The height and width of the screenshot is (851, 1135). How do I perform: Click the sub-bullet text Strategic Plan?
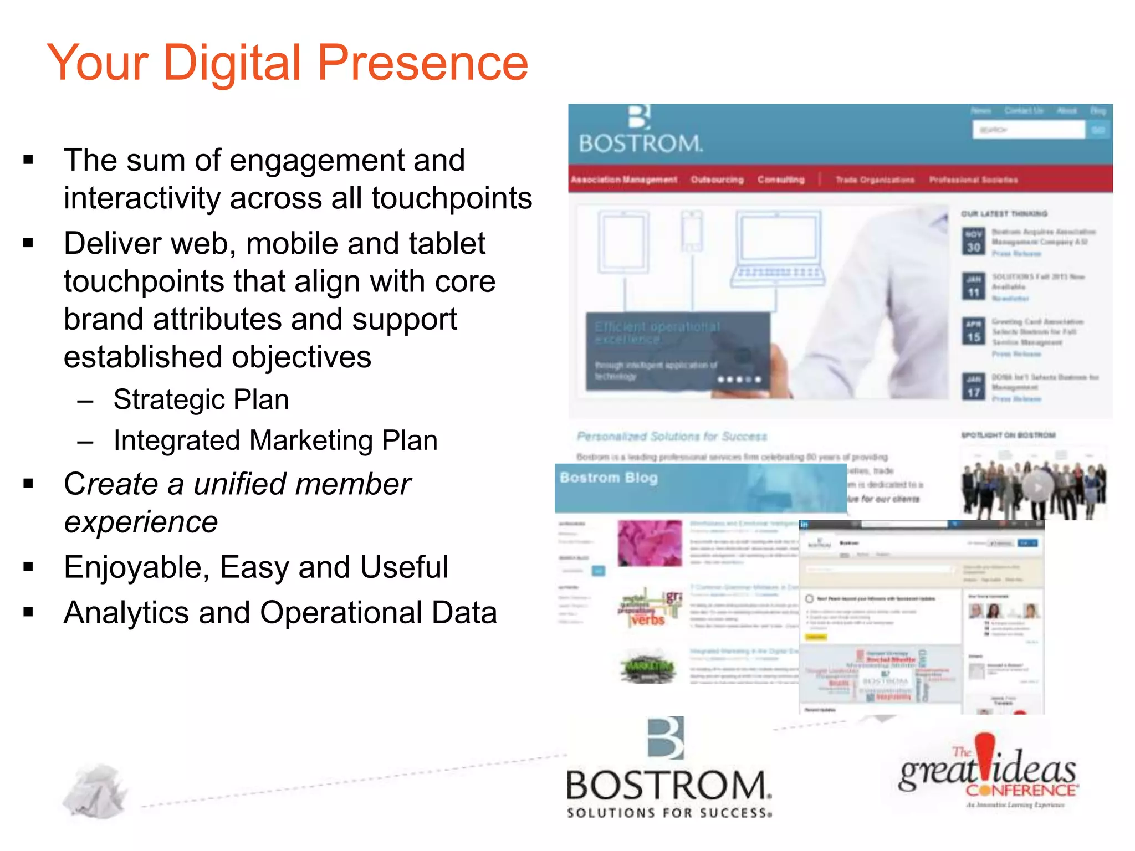click(201, 399)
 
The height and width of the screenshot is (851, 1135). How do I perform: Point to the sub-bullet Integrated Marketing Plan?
click(275, 441)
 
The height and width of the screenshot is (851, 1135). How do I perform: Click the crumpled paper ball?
click(95, 791)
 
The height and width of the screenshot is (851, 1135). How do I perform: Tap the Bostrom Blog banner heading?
click(609, 478)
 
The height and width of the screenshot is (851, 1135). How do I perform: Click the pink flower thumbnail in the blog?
click(650, 543)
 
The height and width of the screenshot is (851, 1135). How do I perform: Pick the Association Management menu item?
click(623, 180)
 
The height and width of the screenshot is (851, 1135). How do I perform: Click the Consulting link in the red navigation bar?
click(781, 180)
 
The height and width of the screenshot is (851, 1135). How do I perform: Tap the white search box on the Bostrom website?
click(1028, 130)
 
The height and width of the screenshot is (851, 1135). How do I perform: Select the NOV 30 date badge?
click(974, 241)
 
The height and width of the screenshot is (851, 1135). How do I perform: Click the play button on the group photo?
click(1037, 487)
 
